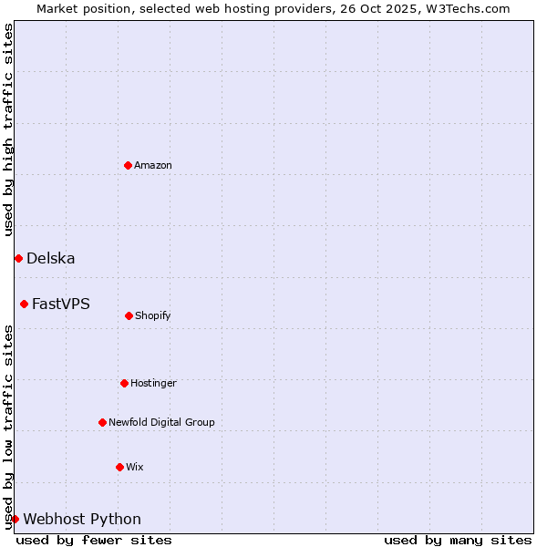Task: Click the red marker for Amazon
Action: [x=128, y=165]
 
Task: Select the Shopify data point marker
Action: [x=129, y=315]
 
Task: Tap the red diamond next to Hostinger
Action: [x=124, y=383]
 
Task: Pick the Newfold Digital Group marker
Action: [x=102, y=422]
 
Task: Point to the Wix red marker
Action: [x=119, y=467]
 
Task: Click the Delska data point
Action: [x=18, y=258]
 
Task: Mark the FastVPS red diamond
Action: [x=24, y=304]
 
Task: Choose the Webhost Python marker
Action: [x=15, y=519]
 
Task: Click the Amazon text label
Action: [x=153, y=165]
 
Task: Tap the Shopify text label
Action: [x=153, y=315]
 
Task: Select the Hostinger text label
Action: [x=153, y=383]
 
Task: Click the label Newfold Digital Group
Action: [x=162, y=422]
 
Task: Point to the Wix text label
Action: [x=135, y=467]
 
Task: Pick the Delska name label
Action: [x=51, y=258]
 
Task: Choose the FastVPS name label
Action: [x=61, y=304]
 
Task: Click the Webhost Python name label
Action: [x=82, y=519]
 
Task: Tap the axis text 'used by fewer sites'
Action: [x=94, y=540]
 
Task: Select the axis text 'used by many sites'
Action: [x=458, y=540]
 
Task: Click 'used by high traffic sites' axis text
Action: [x=8, y=129]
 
